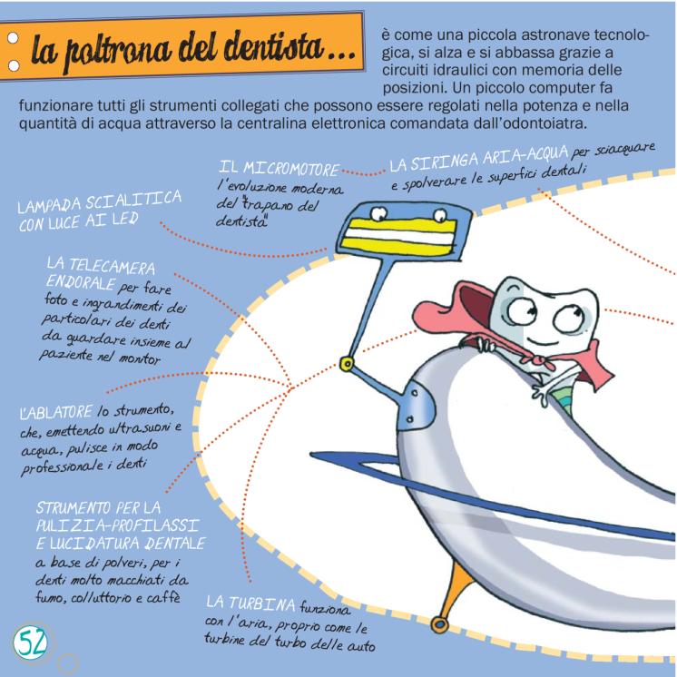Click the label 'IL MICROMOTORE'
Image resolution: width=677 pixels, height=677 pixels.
(279, 168)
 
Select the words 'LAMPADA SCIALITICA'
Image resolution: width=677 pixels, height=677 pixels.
(99, 201)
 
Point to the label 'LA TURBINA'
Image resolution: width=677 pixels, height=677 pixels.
(250, 602)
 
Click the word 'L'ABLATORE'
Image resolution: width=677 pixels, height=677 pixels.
(56, 412)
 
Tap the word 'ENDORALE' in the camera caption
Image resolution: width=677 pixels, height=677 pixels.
(81, 282)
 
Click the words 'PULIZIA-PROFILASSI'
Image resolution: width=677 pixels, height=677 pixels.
(117, 525)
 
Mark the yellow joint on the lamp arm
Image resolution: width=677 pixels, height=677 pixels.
(347, 364)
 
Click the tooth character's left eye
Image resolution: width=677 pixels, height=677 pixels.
(521, 310)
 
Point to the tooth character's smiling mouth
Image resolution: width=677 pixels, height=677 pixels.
(538, 341)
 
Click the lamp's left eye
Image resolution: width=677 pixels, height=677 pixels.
(378, 212)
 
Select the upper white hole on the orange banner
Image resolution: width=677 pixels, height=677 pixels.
(13, 38)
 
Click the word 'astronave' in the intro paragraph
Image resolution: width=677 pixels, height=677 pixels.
(549, 34)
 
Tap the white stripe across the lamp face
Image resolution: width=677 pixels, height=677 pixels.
(398, 236)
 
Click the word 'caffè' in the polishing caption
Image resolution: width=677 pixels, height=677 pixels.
(163, 597)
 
